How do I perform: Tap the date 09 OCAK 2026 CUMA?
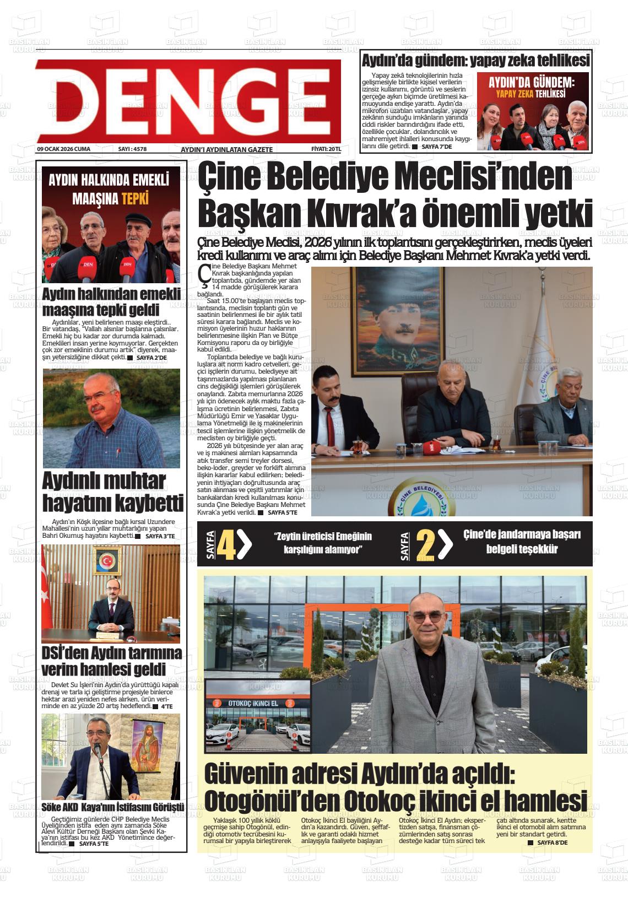[63, 149]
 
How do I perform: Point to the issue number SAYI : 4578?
[132, 149]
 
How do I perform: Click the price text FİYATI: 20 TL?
[326, 149]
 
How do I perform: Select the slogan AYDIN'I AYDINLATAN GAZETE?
[226, 150]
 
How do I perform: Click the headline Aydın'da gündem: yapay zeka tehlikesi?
[475, 60]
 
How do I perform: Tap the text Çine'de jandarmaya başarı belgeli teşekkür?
[521, 542]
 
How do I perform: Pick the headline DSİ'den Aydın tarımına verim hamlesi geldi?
[112, 661]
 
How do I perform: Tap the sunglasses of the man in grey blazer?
[425, 618]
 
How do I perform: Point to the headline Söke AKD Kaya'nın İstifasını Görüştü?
[112, 807]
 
